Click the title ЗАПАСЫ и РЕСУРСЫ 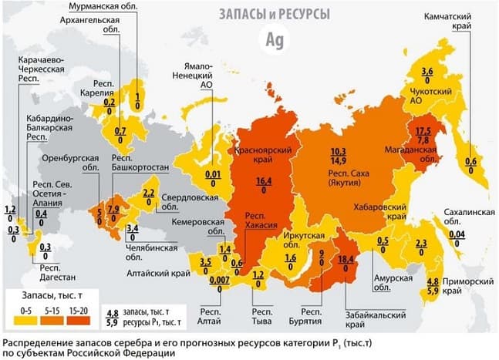[274, 15]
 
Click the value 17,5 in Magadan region [423, 130]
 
